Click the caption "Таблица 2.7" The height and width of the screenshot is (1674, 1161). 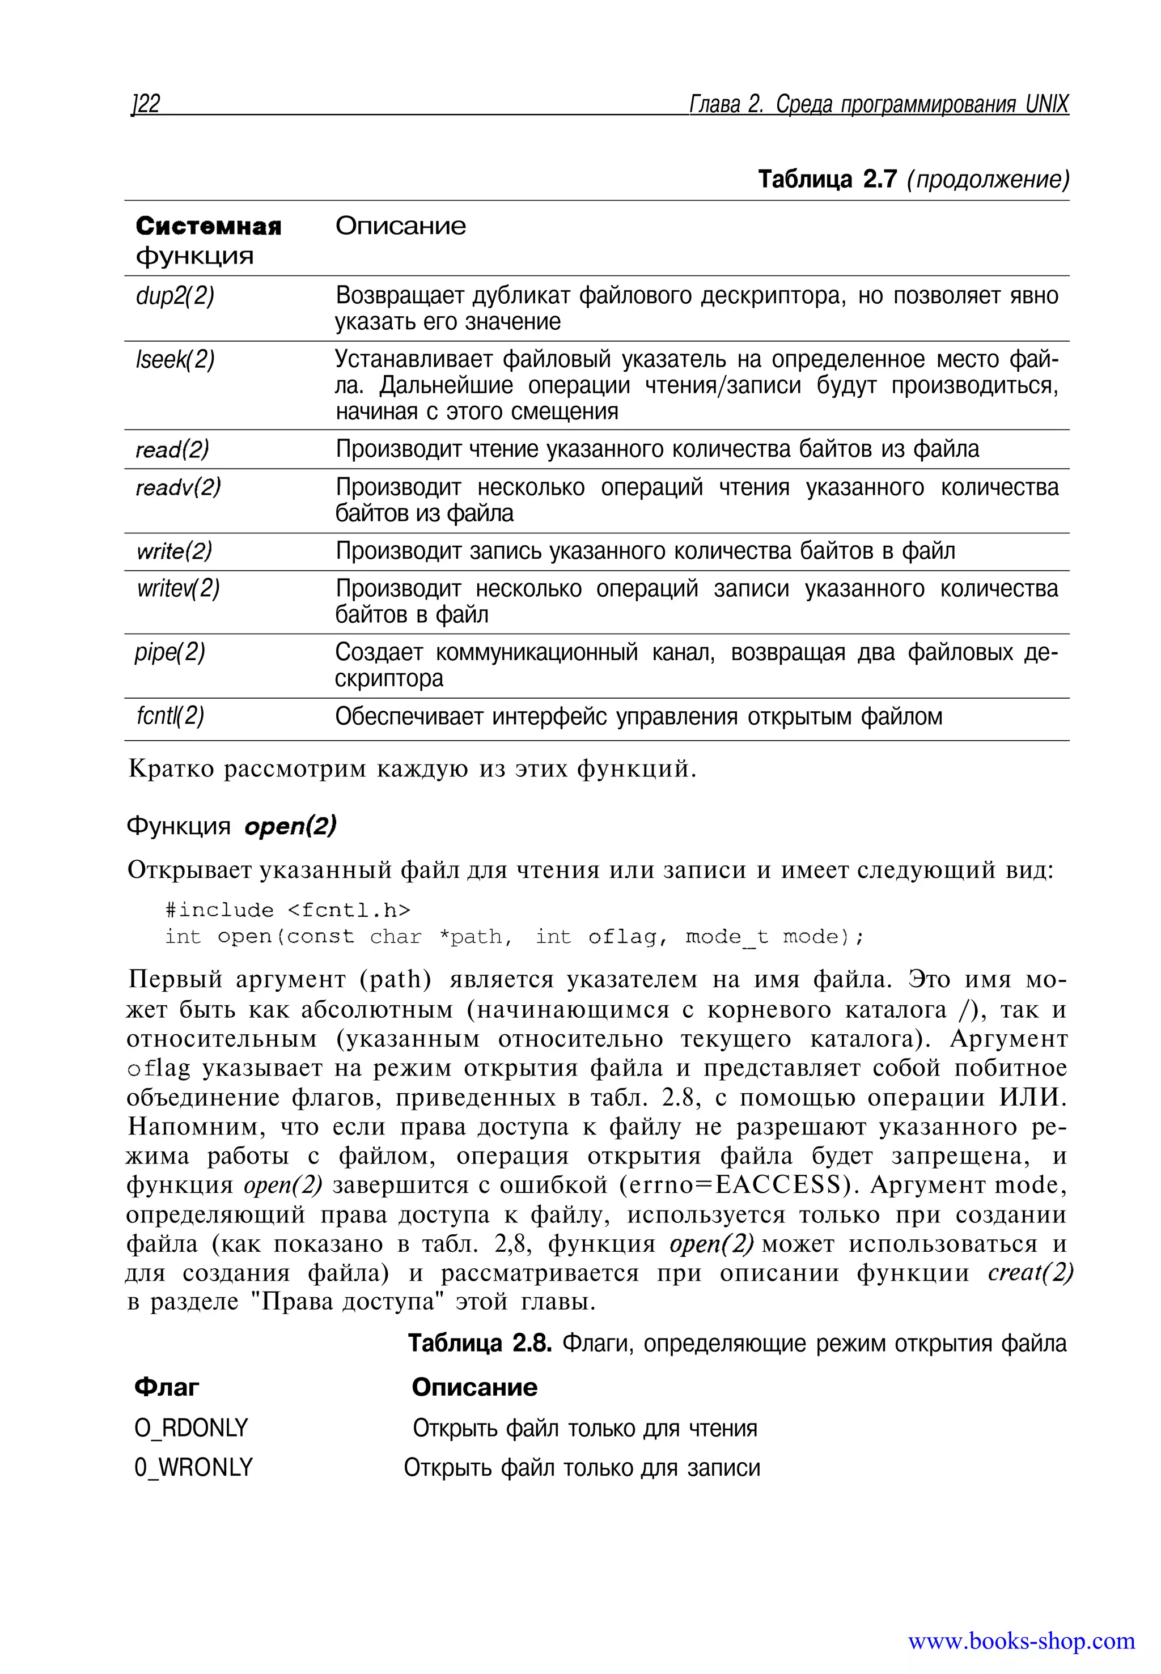(827, 179)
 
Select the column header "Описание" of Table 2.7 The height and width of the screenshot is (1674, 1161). (400, 226)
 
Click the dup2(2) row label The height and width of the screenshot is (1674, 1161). (175, 296)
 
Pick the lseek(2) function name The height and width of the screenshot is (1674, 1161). (175, 359)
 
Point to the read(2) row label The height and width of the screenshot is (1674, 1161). (172, 449)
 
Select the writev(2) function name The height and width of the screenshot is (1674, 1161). (178, 588)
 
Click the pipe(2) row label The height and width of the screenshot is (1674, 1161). (170, 652)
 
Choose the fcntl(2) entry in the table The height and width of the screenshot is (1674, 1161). (170, 716)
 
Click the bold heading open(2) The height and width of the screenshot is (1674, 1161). (290, 826)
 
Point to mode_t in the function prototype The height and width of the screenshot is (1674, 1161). (726, 937)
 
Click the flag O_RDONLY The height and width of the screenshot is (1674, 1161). (191, 1428)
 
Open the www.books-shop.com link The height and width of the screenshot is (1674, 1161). (1020, 1641)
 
